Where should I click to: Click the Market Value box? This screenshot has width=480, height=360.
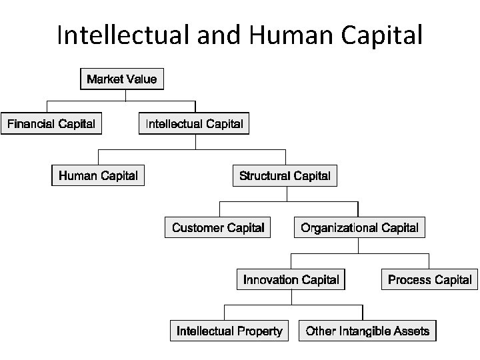[122, 79]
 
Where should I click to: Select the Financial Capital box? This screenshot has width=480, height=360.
[51, 124]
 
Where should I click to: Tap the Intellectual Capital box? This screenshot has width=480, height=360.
[194, 124]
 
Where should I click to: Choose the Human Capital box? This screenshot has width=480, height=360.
[99, 176]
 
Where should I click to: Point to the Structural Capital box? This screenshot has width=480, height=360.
[285, 176]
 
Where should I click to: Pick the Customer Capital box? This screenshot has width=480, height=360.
[218, 228]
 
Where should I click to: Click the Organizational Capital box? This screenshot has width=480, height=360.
[359, 228]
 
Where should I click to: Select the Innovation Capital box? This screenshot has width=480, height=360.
[291, 280]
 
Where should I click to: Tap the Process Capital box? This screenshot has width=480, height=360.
[429, 280]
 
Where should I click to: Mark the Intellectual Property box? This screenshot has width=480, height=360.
[229, 331]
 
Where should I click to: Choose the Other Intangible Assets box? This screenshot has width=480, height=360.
[368, 331]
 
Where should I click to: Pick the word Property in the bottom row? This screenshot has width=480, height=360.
[259, 331]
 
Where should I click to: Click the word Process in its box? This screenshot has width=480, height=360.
[409, 280]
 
